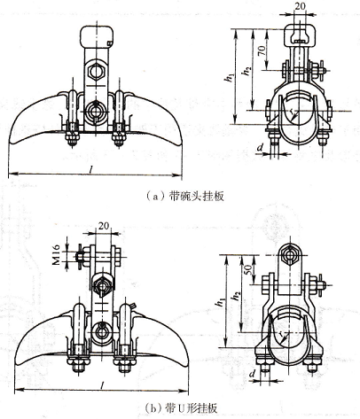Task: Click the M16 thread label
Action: [57, 254]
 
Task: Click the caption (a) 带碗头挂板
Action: [185, 196]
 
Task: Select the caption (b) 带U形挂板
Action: [182, 407]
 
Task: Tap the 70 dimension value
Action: [262, 50]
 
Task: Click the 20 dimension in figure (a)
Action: [300, 6]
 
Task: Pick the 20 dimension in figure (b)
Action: [103, 226]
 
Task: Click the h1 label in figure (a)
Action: [229, 78]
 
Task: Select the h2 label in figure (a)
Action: [246, 71]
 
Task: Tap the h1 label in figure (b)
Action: [220, 302]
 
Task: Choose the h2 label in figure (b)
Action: [237, 296]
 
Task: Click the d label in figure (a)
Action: [260, 147]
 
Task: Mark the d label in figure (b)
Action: [252, 374]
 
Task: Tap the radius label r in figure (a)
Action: [292, 112]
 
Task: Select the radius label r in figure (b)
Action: [279, 333]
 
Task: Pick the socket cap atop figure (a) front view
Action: [97, 36]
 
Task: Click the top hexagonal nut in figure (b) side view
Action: [290, 254]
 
